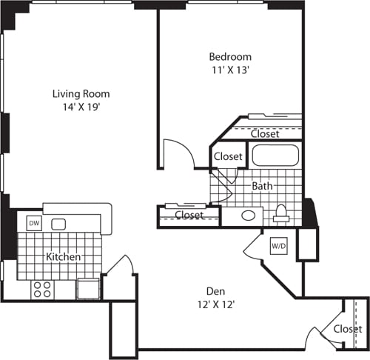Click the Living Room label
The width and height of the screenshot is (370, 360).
coord(81,93)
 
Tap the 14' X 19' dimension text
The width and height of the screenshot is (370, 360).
coord(81,107)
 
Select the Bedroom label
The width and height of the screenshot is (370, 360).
coord(229,56)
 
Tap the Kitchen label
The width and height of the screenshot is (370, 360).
coord(64,257)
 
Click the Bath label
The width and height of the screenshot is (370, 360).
coord(262,186)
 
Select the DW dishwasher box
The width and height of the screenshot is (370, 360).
coord(33,223)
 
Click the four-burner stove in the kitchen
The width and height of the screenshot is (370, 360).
coord(41,288)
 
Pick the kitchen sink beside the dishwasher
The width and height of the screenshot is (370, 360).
coord(60,223)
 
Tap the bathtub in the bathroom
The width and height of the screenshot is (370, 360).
coord(275,156)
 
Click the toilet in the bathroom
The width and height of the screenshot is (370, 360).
coord(281,213)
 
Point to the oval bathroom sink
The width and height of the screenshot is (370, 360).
coord(249,216)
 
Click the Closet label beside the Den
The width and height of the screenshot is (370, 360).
coord(347,329)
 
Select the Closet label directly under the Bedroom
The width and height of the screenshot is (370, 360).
coord(264,134)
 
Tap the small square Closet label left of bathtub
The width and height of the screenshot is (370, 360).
coord(228,156)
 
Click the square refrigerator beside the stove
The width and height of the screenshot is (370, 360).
coord(87,288)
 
